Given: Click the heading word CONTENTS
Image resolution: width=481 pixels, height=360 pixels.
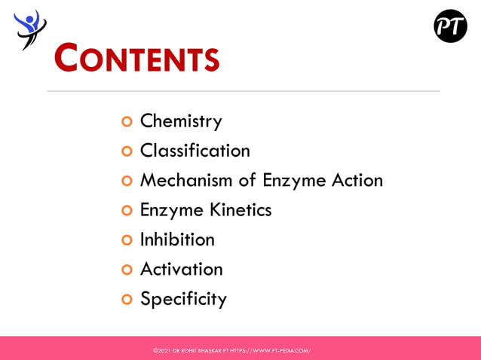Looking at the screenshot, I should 137,58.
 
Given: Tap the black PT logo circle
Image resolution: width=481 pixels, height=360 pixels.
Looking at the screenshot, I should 450,26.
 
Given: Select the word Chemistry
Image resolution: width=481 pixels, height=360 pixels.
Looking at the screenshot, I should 181,121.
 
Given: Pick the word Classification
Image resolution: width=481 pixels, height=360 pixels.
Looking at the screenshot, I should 195,151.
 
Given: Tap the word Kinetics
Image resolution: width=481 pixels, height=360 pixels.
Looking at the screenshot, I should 240,209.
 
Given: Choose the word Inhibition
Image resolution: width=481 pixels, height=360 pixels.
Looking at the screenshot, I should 177,239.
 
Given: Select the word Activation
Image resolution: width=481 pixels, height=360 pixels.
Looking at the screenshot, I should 181,269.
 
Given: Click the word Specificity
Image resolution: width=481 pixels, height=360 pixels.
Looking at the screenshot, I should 183,299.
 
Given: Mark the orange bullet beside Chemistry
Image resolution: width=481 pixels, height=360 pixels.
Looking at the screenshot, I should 127,121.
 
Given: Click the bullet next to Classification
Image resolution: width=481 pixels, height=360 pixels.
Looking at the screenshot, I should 127,151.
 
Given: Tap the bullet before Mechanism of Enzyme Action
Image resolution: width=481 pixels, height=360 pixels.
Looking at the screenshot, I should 127,181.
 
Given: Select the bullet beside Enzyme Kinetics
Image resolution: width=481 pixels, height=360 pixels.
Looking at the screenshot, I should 127,210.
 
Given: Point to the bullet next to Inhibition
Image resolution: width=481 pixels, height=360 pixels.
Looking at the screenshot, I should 127,240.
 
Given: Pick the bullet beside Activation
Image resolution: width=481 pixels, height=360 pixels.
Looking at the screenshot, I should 127,270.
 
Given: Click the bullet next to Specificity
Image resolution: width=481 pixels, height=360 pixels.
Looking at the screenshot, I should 127,299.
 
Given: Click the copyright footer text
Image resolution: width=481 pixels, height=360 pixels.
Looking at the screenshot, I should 231,350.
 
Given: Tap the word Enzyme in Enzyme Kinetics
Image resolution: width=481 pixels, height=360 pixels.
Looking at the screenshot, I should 170,210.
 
